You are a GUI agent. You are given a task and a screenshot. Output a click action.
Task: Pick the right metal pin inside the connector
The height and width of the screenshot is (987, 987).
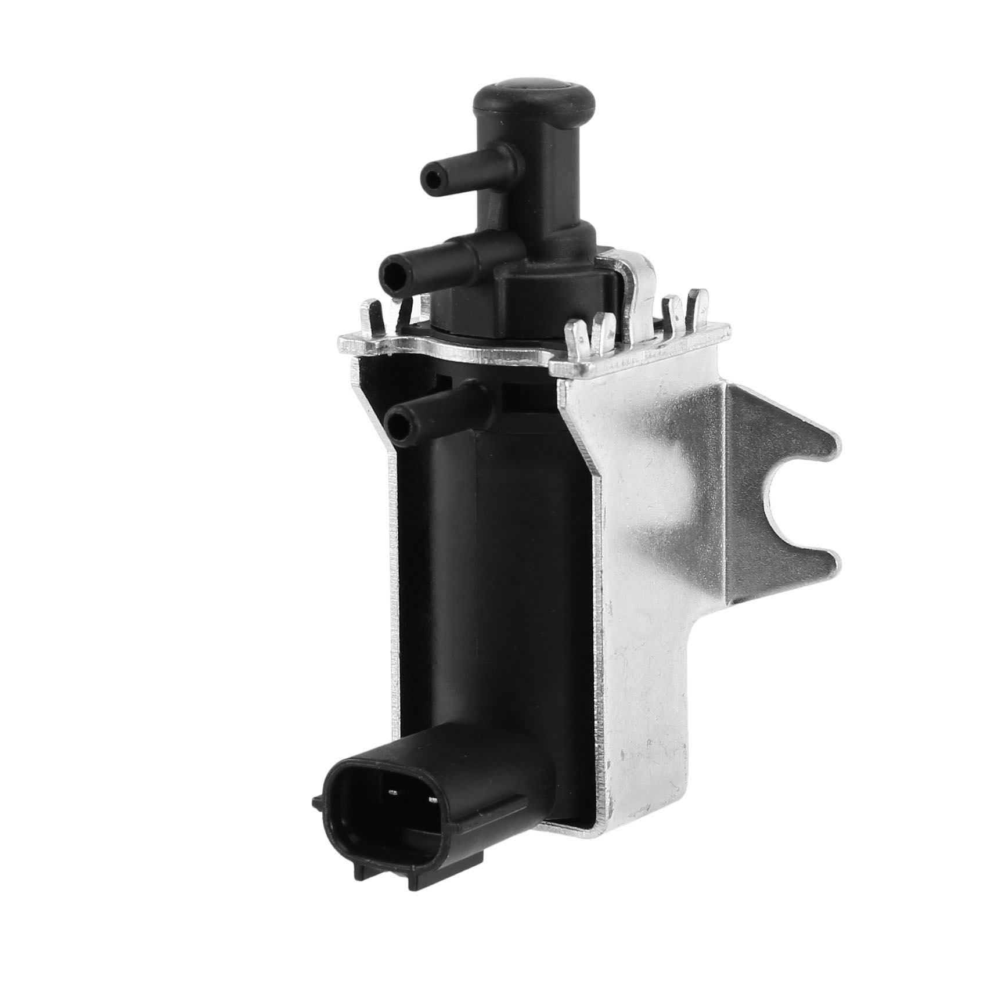pos(432,801)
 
